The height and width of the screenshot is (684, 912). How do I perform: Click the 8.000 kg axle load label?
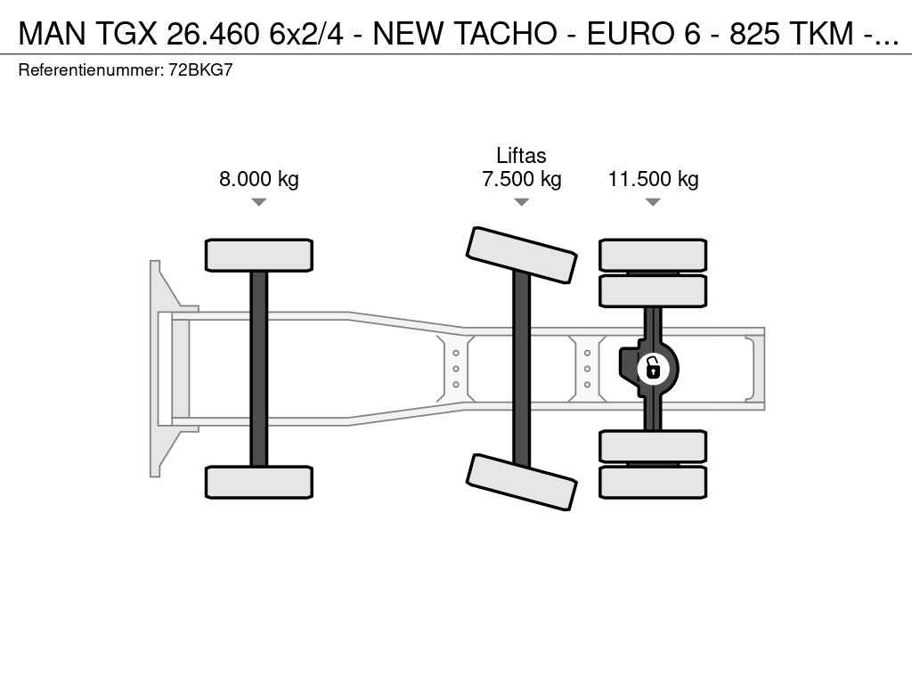[x=259, y=178]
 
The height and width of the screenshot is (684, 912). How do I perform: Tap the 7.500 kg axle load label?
[x=522, y=178]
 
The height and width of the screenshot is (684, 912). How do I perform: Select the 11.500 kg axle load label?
[x=653, y=178]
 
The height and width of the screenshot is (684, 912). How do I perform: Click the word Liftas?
[x=521, y=155]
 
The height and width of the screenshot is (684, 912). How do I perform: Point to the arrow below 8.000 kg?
[x=259, y=202]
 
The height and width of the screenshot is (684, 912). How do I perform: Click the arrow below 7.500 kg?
[x=522, y=202]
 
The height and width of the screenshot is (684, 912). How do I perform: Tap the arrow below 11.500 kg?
[x=653, y=202]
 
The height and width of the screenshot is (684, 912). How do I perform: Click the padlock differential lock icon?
[x=653, y=369]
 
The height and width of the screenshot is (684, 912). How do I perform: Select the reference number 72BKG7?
[x=200, y=69]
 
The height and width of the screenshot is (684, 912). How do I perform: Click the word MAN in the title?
[x=53, y=33]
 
